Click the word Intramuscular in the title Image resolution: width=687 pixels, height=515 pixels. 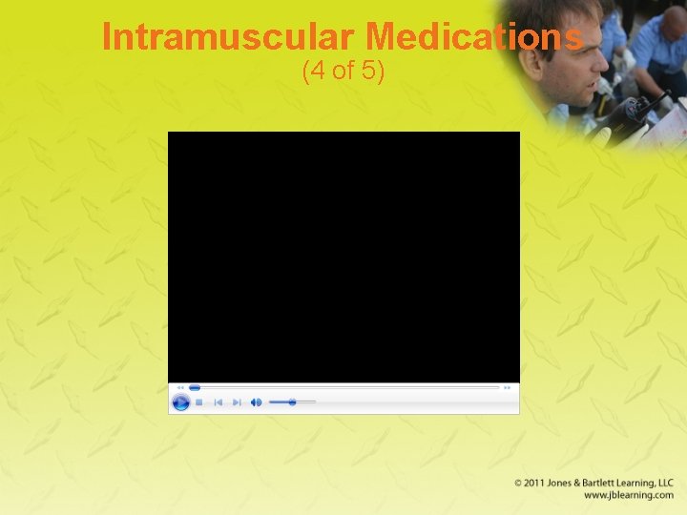[x=229, y=37]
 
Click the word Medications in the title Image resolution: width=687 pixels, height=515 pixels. [x=474, y=37]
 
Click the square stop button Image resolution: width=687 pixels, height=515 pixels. [x=199, y=402]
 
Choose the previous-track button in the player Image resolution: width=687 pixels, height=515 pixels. [x=218, y=402]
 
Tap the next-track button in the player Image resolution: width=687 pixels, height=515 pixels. [x=237, y=402]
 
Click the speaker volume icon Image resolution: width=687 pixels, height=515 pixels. [x=256, y=402]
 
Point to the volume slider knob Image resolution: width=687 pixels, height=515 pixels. [x=292, y=402]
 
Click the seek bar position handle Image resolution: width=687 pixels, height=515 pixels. [x=195, y=388]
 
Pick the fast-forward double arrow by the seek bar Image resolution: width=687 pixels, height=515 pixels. [x=508, y=388]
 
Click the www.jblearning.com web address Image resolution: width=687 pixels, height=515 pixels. [x=629, y=495]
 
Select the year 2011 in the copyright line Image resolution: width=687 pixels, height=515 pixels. [x=538, y=484]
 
